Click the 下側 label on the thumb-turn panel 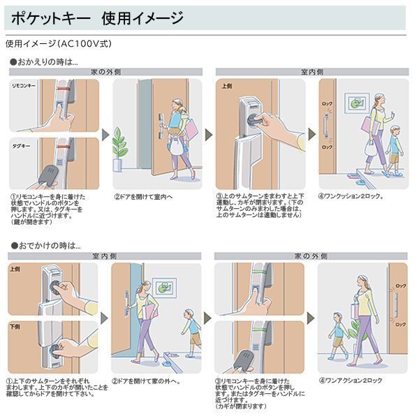pos(14,325)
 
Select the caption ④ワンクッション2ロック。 pos(354,196)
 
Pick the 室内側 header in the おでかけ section pos(105,256)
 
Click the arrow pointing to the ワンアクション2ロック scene pos(309,318)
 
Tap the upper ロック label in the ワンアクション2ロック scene pos(400,286)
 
